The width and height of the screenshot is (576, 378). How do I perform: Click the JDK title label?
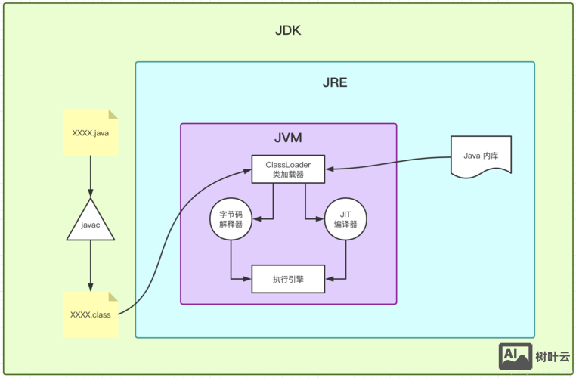[289, 32]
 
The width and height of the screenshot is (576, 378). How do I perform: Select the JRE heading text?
[335, 82]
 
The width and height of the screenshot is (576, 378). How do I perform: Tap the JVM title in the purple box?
[288, 138]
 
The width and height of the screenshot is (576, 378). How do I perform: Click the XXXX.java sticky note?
[91, 132]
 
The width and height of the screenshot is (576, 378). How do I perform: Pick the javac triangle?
[91, 223]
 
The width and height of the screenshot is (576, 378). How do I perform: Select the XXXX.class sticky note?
[91, 314]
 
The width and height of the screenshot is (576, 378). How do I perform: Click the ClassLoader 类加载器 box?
[288, 169]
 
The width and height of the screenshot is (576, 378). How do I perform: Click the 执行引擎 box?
[288, 279]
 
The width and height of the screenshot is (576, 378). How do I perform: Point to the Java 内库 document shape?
[481, 156]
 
